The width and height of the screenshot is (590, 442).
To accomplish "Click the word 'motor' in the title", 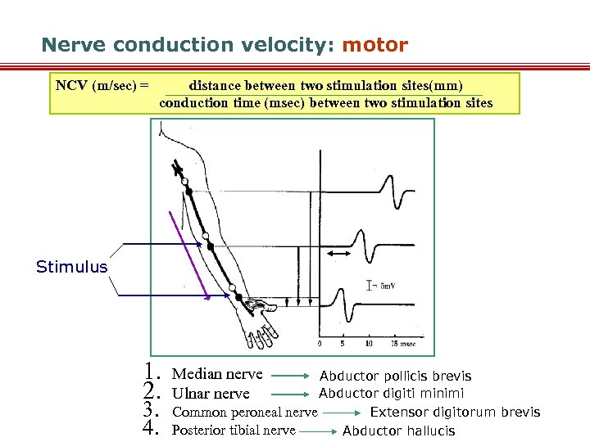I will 374,45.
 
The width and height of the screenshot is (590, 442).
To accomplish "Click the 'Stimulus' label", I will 72,267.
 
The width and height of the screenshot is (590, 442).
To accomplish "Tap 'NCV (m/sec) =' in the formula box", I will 102,85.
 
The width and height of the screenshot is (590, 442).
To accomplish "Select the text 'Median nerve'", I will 217,374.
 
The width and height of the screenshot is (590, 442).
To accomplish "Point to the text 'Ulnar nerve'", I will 211,394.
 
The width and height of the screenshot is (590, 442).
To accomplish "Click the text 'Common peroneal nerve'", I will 245,413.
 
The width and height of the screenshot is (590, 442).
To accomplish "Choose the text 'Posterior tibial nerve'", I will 234,431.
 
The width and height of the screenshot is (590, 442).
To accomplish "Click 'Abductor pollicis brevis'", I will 395,376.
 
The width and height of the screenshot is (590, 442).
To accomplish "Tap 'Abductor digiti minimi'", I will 391,393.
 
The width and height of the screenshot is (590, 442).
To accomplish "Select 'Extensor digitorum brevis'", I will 455,412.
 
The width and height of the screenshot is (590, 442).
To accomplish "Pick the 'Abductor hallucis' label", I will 398,431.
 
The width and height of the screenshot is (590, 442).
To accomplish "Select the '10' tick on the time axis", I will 369,343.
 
